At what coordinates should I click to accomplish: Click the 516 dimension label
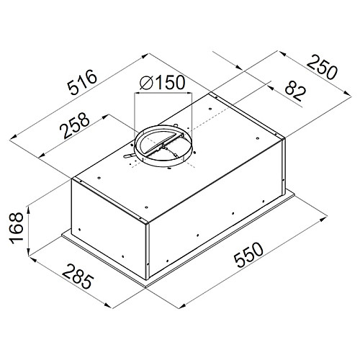click(x=82, y=82)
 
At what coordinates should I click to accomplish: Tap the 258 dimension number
click(x=74, y=125)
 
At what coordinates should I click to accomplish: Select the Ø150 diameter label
click(x=163, y=82)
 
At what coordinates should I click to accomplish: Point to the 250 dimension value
click(x=322, y=67)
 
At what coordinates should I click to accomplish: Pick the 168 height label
click(x=17, y=228)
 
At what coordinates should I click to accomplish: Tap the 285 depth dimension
click(x=77, y=276)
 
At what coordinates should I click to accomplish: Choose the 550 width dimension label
click(x=248, y=255)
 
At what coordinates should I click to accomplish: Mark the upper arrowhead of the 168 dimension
click(x=28, y=210)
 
